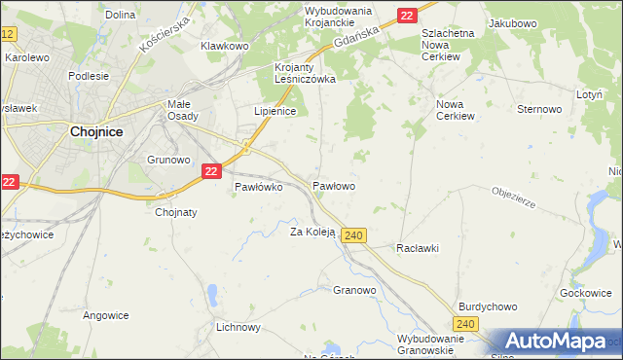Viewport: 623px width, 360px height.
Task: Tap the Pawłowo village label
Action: click(333, 185)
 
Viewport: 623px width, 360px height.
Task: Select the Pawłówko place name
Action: click(258, 188)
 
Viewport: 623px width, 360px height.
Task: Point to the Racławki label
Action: click(418, 248)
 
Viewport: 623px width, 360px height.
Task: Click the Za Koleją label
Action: click(312, 232)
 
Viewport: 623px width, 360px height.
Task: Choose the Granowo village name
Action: click(354, 290)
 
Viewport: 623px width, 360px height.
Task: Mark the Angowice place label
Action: click(106, 315)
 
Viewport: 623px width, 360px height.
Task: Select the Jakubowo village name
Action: click(513, 21)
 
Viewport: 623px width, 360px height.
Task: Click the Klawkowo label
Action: click(225, 46)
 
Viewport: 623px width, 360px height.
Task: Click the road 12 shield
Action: click(8, 34)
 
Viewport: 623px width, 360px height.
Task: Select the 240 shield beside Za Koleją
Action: click(354, 235)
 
